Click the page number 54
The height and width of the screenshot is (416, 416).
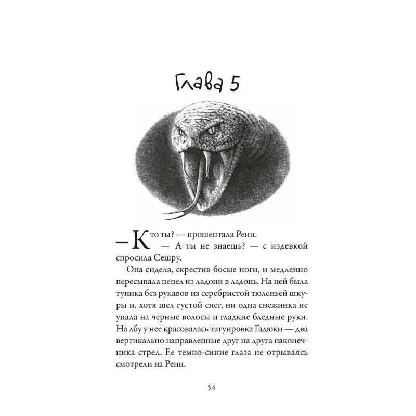[208, 387]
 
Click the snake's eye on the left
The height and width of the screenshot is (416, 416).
[183, 134]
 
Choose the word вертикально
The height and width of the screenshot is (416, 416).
[140, 342]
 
